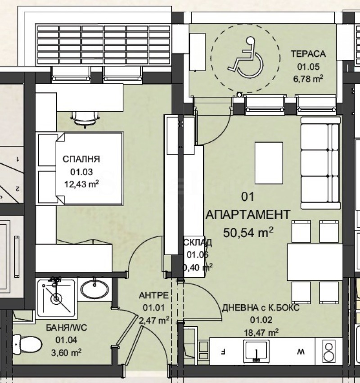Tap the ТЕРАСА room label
(x=308, y=54)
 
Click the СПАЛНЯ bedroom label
(x=81, y=159)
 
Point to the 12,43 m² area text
(x=81, y=184)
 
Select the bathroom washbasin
(x=94, y=289)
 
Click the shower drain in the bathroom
(x=56, y=298)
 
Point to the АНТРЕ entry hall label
(x=153, y=296)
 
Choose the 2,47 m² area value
(x=154, y=320)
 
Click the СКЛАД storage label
(x=198, y=243)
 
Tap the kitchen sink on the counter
(x=256, y=350)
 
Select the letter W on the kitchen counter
(x=298, y=350)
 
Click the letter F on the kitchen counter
(x=224, y=350)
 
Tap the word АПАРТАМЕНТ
(x=248, y=214)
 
